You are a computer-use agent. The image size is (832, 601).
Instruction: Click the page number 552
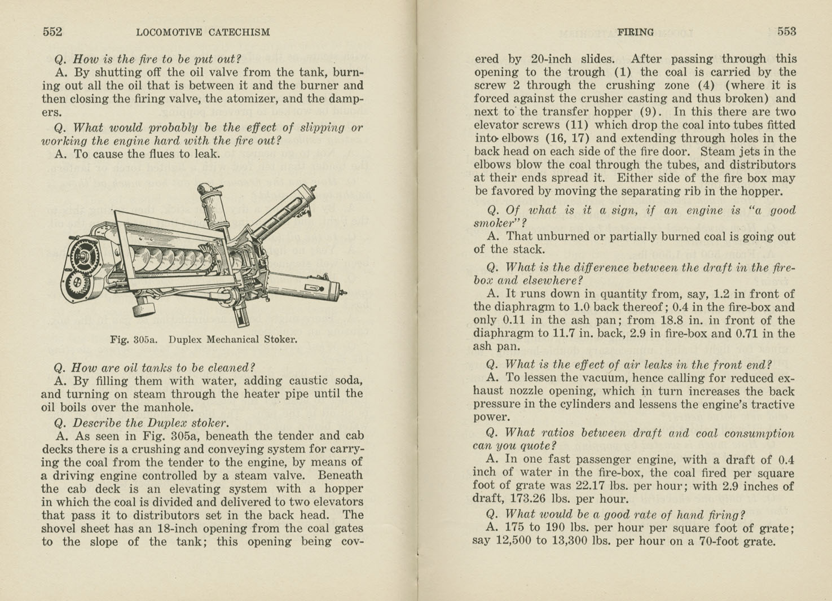(x=52, y=32)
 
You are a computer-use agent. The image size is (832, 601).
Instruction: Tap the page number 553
(x=786, y=32)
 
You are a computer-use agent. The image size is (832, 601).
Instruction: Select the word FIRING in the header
(x=635, y=33)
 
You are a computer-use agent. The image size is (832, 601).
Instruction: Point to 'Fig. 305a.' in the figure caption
(x=134, y=340)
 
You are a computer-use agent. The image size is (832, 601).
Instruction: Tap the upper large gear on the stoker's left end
(x=82, y=256)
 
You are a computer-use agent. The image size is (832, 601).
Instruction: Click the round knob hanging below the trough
(x=145, y=308)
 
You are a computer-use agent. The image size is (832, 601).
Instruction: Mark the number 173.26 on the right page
(x=531, y=499)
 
